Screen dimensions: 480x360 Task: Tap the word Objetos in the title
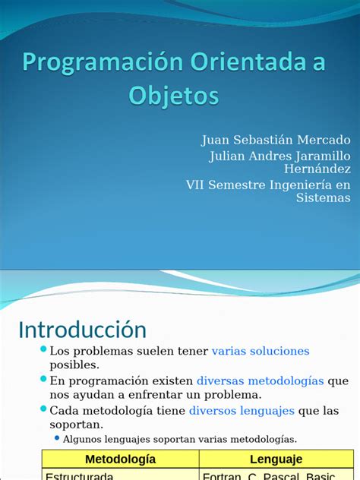point(174,96)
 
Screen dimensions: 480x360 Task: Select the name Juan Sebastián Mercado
point(276,140)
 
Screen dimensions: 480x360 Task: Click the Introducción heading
point(82,330)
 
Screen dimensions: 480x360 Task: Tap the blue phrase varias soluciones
point(261,351)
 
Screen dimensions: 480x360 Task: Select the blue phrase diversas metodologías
point(260,381)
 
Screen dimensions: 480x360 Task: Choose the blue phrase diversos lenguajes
point(242,410)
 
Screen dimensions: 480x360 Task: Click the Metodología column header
point(120,459)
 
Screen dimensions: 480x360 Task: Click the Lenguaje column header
point(276,459)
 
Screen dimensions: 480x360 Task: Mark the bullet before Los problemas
point(43,349)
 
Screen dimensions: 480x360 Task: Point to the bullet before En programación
point(43,379)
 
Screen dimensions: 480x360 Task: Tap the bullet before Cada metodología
point(43,409)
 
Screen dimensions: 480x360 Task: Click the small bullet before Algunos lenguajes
point(56,438)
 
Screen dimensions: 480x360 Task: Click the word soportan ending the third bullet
point(75,425)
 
